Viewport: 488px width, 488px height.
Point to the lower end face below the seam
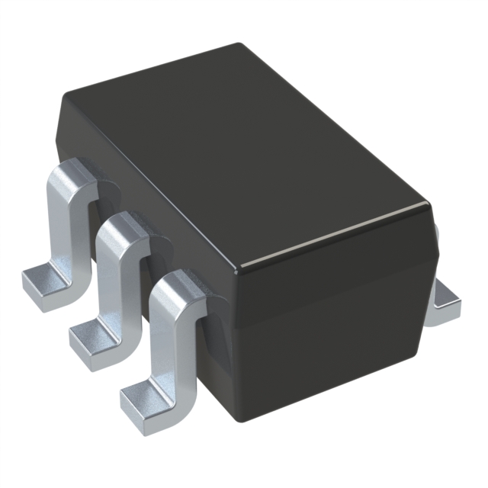pyautogui.click(x=328, y=358)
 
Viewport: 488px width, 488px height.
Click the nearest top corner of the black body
pyautogui.click(x=238, y=268)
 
